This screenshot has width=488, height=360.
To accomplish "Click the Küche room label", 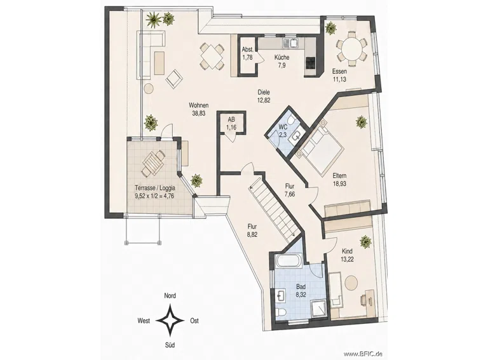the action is (x=281, y=58).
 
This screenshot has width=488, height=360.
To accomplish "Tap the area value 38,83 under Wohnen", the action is (x=198, y=114).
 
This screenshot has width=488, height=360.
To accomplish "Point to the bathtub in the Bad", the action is (x=288, y=260).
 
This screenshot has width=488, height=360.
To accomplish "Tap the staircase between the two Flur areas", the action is (x=273, y=210).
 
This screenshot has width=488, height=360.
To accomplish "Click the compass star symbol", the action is (x=170, y=320).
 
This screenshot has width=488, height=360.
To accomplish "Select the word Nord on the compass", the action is (x=170, y=296).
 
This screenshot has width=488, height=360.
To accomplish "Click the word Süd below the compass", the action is (x=170, y=345).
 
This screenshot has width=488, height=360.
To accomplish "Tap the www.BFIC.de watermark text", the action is (x=363, y=354).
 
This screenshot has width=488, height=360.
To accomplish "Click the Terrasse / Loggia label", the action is (x=154, y=188).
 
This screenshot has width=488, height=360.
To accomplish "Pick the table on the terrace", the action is (x=153, y=163).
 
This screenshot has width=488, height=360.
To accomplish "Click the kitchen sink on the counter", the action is (x=290, y=43).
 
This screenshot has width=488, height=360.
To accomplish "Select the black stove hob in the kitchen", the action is (x=311, y=63).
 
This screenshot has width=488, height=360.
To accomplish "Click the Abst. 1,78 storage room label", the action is (x=247, y=53).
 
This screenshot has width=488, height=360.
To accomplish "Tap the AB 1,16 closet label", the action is (x=231, y=123).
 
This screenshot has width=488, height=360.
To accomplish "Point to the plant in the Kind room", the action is (x=366, y=242).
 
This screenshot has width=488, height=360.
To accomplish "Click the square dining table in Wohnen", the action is (x=212, y=57).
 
